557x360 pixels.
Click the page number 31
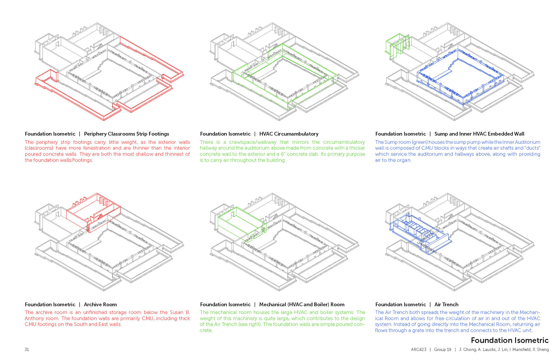pos(27,350)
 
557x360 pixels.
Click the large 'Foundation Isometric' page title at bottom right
pos(509,340)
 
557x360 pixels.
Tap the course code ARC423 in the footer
pos(419,350)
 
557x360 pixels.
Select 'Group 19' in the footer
pos(442,350)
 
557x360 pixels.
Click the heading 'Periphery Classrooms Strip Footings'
pos(126,134)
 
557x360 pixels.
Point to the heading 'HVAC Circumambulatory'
pos(289,134)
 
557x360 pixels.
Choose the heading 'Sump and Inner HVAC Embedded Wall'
pos(479,134)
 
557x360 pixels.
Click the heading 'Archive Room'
pos(100,305)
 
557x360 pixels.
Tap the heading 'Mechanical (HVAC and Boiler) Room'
pos(302,305)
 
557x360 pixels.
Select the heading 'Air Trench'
pos(446,305)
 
